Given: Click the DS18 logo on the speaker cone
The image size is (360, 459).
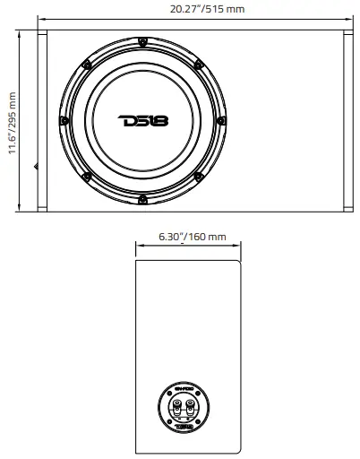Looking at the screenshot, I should (x=143, y=120).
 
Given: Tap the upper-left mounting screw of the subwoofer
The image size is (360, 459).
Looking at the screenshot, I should (x=85, y=63).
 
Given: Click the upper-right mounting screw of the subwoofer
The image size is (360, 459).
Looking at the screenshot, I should (x=201, y=63).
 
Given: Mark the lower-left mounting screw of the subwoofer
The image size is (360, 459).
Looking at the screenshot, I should (x=85, y=178).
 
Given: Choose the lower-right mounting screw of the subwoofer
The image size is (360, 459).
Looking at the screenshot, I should (x=201, y=178).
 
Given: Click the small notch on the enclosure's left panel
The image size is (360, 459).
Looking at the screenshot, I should (x=37, y=165).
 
